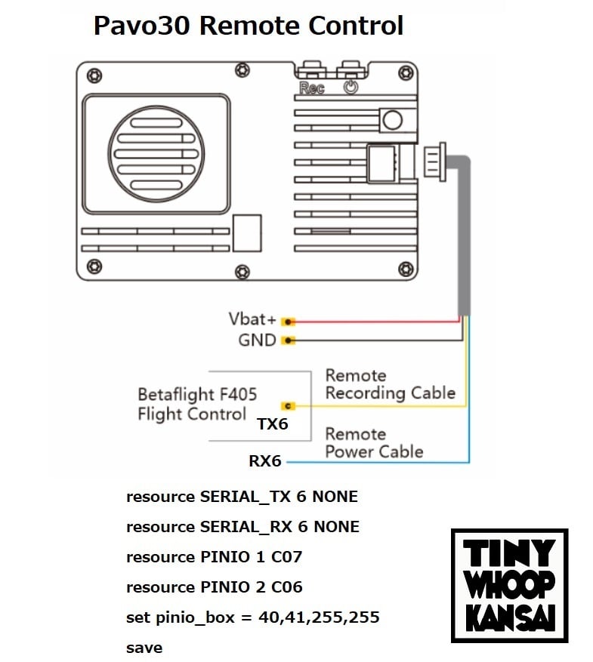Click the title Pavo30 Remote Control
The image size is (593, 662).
248,26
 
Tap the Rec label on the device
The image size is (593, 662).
311,88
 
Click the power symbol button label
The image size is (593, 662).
351,87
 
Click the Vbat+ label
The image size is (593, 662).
252,319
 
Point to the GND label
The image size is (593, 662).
257,340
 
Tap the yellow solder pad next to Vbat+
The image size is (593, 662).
288,322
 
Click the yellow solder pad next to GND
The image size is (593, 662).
288,341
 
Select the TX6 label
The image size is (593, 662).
273,424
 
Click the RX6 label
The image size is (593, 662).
265,460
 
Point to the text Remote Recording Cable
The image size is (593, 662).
390,384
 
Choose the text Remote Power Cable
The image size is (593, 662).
373,443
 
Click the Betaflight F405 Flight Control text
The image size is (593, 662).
196,404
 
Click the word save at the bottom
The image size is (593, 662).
144,648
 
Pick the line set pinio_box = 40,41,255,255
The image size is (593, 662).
252,617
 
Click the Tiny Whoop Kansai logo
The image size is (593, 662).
509,585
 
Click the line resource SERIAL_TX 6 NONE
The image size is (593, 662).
242,497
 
